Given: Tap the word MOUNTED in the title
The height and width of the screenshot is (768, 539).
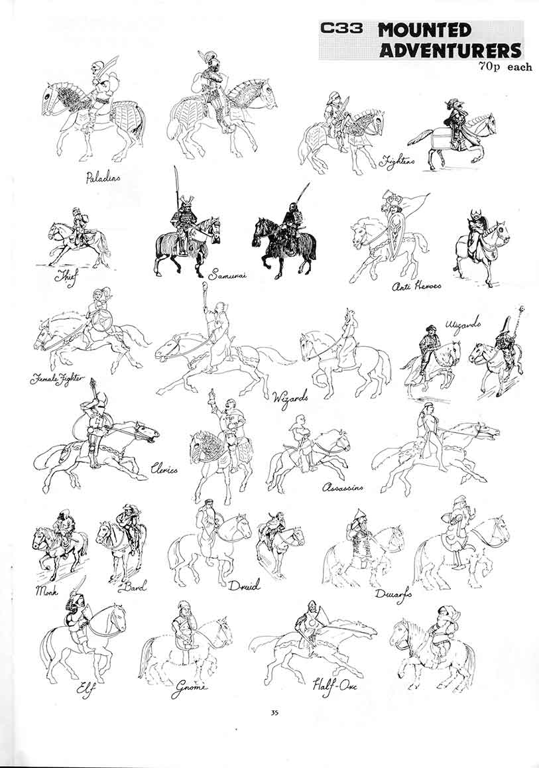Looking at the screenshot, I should pos(425,31).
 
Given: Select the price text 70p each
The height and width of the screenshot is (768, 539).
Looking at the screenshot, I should pos(504,66).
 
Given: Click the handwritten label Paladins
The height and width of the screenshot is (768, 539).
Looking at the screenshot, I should pos(103,177).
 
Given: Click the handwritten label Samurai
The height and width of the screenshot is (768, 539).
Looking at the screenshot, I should pos(226,274).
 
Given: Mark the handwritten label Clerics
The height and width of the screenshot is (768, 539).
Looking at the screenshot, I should pos(164,469).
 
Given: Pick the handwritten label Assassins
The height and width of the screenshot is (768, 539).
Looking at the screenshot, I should pos(342,487).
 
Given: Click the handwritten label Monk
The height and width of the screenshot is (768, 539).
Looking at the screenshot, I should pos(47,589).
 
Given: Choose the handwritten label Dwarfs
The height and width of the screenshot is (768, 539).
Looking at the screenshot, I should pos(393,594).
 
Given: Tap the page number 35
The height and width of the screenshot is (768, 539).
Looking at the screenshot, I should pos(274,713).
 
